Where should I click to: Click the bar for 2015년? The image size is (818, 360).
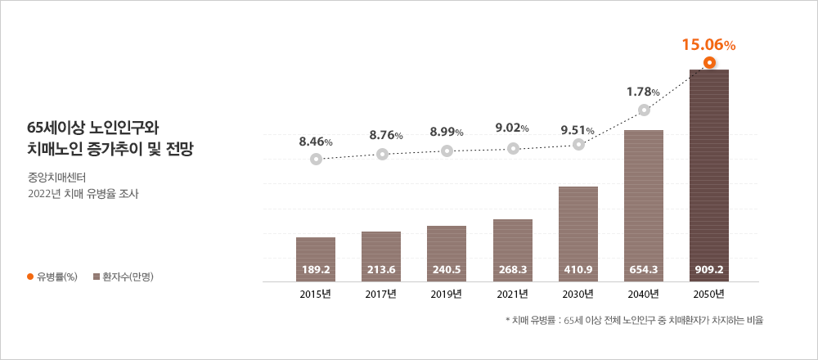(x=316, y=259)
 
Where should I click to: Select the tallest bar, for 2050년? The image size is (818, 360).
(x=709, y=176)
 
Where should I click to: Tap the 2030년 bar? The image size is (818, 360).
(x=578, y=234)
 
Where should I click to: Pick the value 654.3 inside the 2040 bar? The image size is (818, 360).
(x=644, y=268)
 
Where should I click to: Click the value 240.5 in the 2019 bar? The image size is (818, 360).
(x=447, y=268)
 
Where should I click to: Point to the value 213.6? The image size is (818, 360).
(x=381, y=268)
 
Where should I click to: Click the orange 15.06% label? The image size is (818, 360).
(x=709, y=46)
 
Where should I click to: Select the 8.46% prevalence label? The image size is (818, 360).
(x=316, y=142)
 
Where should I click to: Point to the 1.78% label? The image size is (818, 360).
(x=644, y=91)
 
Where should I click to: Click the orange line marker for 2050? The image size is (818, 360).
(x=710, y=63)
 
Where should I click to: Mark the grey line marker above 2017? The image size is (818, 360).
(x=382, y=154)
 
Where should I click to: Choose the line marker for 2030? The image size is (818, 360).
(x=579, y=144)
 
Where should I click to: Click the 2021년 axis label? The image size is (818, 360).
(x=513, y=293)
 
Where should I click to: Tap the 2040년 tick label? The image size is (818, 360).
(x=644, y=293)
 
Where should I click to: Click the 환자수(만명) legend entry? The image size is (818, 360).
(x=124, y=277)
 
